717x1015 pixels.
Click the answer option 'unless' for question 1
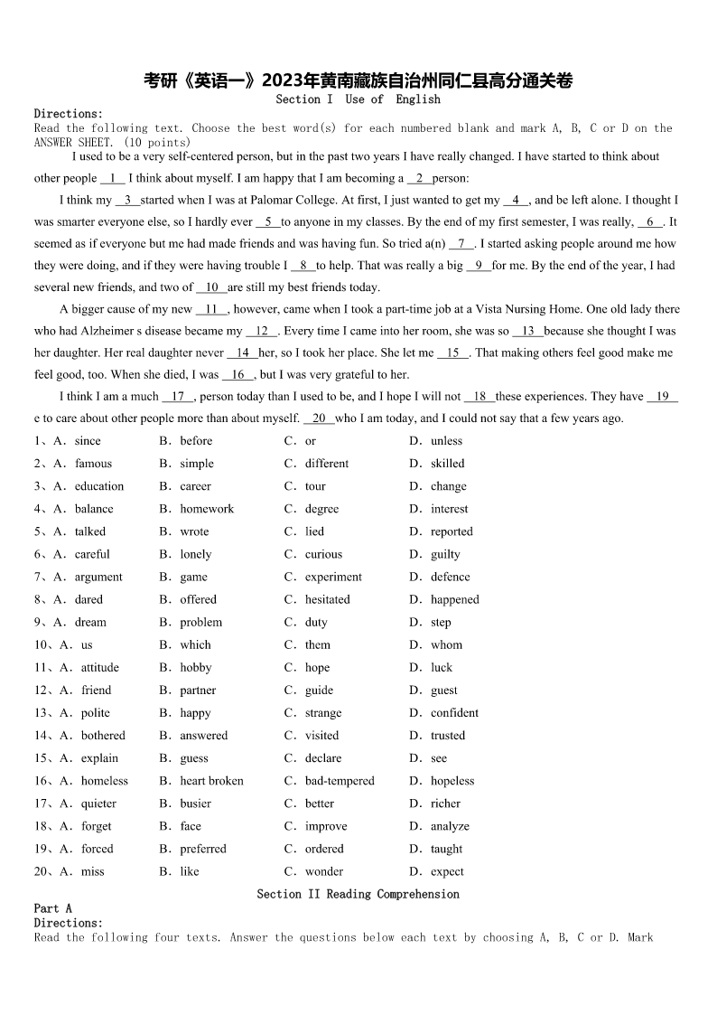pos(446,441)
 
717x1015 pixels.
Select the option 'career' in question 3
pos(195,486)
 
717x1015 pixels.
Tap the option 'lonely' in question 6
pos(195,554)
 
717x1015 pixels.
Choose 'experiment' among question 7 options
pos(333,577)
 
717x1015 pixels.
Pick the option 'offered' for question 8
pos(198,599)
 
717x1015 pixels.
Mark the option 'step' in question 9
pos(441,622)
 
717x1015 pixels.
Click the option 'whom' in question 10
pos(446,644)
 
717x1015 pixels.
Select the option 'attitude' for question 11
pos(99,667)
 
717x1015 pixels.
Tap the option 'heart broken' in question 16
pos(211,781)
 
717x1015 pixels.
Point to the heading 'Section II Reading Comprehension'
pos(358,894)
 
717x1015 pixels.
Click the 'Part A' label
pos(52,908)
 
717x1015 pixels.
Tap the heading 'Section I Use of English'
pos(358,99)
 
